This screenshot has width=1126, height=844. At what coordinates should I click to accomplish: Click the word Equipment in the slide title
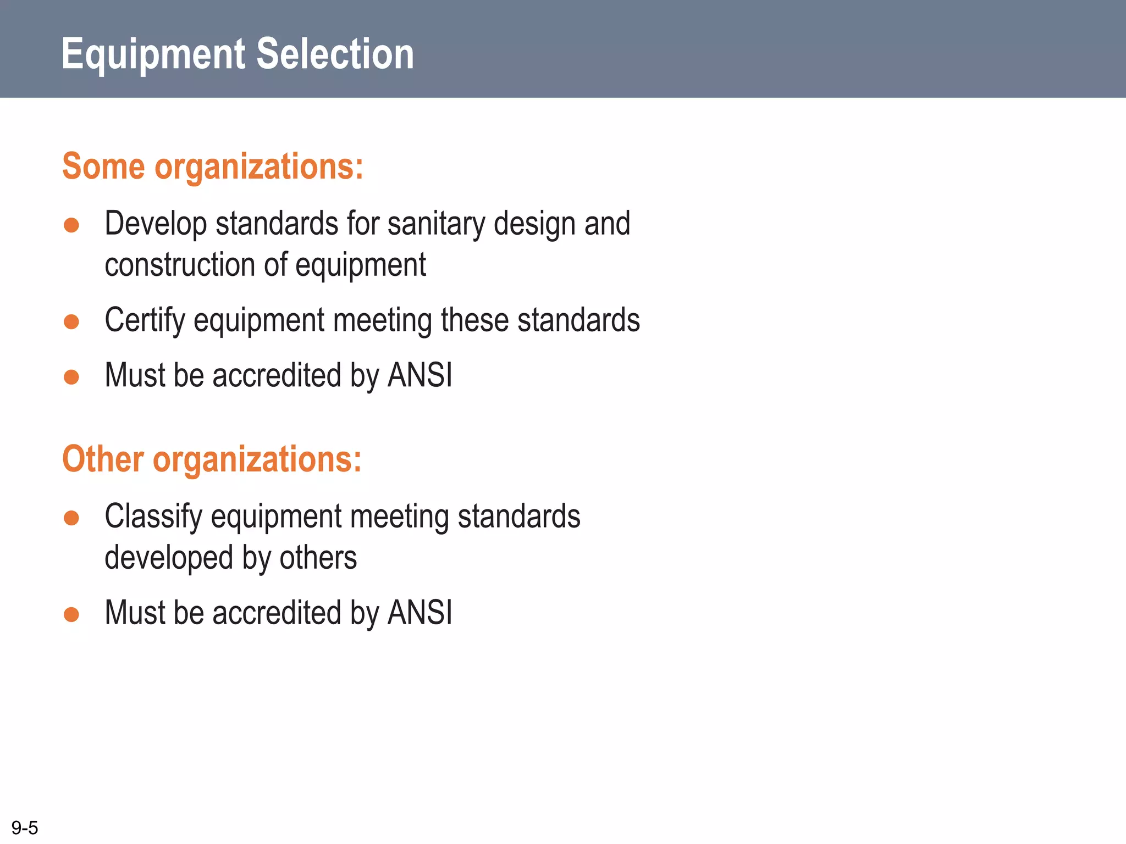(153, 54)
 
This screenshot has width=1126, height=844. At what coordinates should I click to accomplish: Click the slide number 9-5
(25, 828)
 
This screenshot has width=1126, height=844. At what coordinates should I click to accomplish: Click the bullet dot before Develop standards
(71, 225)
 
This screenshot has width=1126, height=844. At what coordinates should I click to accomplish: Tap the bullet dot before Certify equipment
(71, 321)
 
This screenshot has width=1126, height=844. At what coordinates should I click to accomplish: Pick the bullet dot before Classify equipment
(71, 518)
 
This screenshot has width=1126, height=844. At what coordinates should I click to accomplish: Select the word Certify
(145, 320)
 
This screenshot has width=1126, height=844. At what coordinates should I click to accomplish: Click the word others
(318, 558)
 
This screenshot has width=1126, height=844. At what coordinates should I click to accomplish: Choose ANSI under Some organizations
(420, 375)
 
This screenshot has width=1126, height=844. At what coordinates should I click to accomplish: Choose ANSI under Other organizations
(420, 613)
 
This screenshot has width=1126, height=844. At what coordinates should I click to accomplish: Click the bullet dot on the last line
(71, 614)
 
